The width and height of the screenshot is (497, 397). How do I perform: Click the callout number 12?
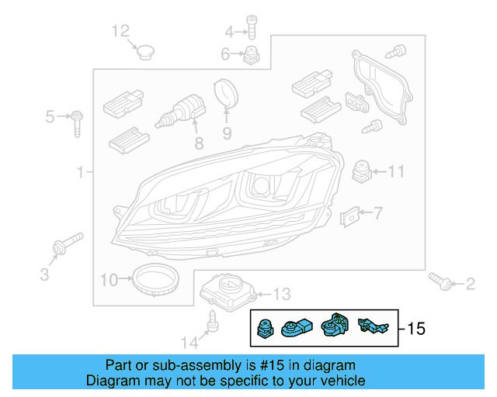[120, 31]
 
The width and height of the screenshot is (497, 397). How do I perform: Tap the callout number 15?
[416, 329]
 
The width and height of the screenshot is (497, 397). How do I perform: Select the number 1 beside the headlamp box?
[80, 172]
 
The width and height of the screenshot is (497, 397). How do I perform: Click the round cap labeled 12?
[144, 51]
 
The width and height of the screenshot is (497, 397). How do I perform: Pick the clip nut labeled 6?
[251, 55]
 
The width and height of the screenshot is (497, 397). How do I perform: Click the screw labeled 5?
[78, 122]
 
